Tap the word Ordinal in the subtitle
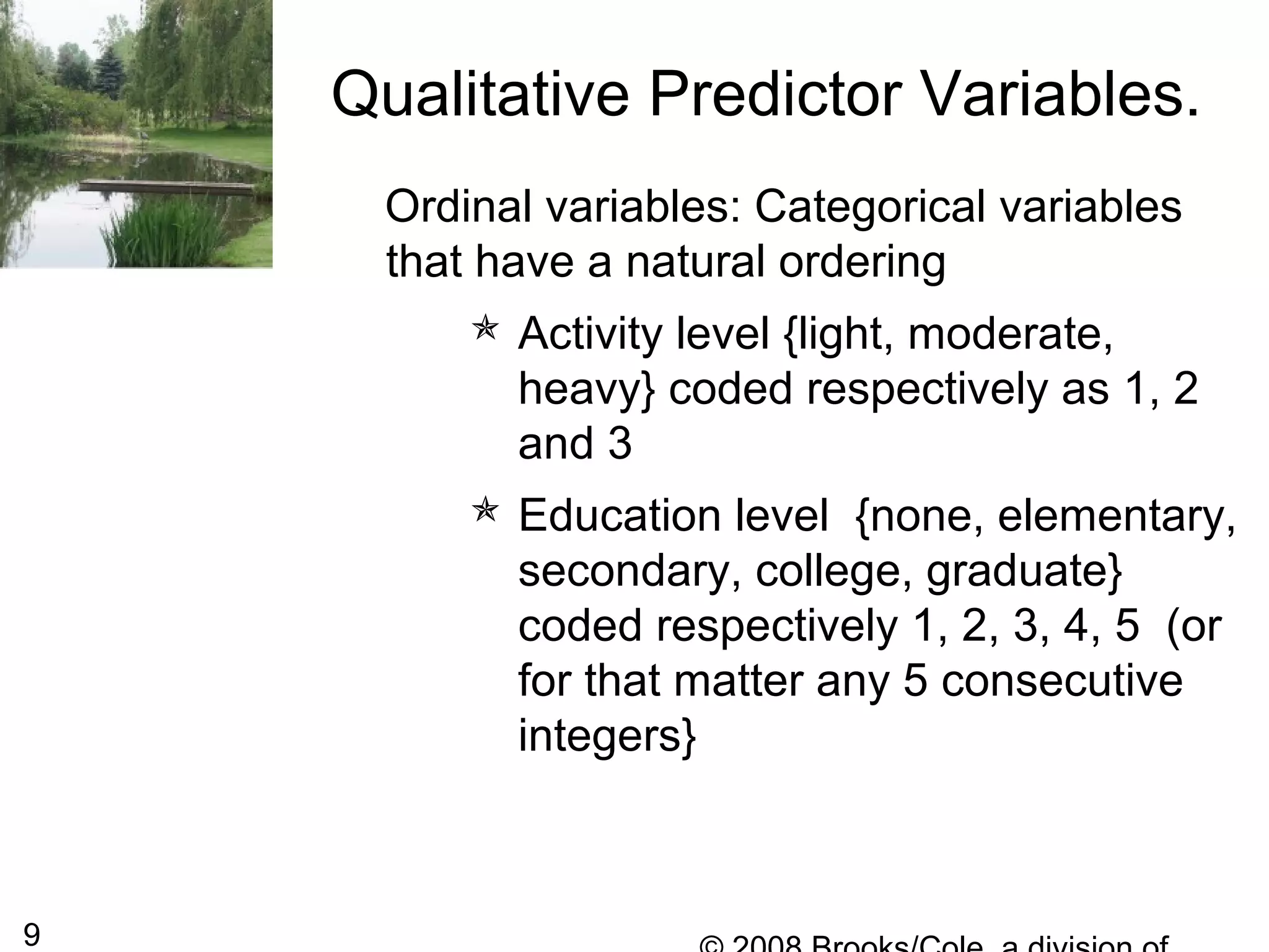(x=458, y=206)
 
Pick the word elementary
(x=1116, y=516)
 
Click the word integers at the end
(x=607, y=736)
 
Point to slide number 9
(x=32, y=934)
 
